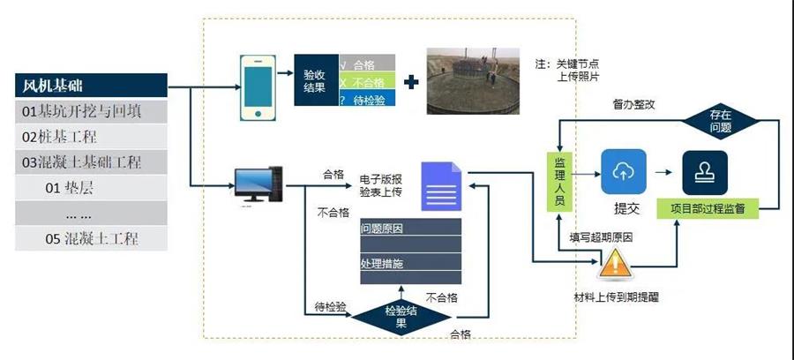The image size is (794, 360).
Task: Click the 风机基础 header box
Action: click(x=90, y=86)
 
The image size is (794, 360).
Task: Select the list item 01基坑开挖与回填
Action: click(x=90, y=112)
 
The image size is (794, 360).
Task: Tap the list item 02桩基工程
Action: click(x=90, y=137)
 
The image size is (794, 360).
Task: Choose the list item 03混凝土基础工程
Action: click(x=90, y=162)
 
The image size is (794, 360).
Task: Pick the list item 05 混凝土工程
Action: click(x=90, y=238)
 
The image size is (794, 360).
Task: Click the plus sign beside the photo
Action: click(x=411, y=83)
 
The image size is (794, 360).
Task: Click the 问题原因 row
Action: click(x=409, y=229)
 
